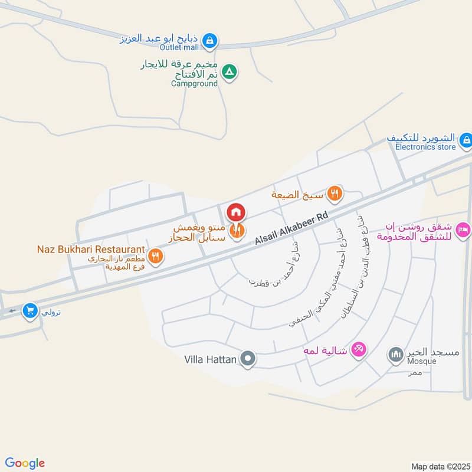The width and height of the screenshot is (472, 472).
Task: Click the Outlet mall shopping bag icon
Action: pos(209,41)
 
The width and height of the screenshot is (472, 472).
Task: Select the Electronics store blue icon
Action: pos(466,140)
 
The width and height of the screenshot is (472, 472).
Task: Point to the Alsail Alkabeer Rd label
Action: pos(291,229)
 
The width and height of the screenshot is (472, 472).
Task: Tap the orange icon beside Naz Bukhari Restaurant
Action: pos(156,256)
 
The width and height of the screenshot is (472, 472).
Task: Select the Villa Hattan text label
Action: pos(211,359)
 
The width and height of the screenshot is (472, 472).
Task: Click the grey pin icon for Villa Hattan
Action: pos(248,358)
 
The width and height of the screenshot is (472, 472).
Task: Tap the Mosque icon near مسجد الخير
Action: pos(395,354)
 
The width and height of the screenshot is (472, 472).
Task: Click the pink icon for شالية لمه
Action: pos(358,350)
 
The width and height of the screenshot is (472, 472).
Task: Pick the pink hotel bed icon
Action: pos(464,230)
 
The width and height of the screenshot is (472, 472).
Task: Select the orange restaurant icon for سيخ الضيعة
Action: pos(335,192)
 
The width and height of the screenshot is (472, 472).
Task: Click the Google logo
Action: pos(24,463)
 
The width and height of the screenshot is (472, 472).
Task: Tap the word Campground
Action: pos(194,84)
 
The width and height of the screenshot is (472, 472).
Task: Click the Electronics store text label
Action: pos(425,147)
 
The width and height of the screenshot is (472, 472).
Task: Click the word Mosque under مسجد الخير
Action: pos(421,361)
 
